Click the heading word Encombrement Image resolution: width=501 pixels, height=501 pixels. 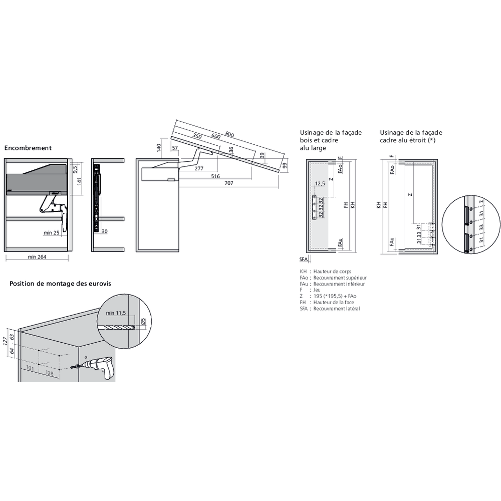(28, 148)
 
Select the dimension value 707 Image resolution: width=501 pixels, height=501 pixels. (229, 184)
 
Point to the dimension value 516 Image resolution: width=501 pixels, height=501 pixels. (215, 176)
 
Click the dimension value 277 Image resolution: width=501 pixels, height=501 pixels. (199, 169)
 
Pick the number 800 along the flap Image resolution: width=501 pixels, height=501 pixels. (229, 135)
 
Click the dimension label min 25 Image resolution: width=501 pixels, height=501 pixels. (52, 232)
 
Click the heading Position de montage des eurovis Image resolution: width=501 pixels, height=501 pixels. (60, 284)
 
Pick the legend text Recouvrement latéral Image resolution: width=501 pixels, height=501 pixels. (336, 309)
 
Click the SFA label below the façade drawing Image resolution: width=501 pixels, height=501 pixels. (303, 259)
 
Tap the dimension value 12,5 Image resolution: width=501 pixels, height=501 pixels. (320, 184)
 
